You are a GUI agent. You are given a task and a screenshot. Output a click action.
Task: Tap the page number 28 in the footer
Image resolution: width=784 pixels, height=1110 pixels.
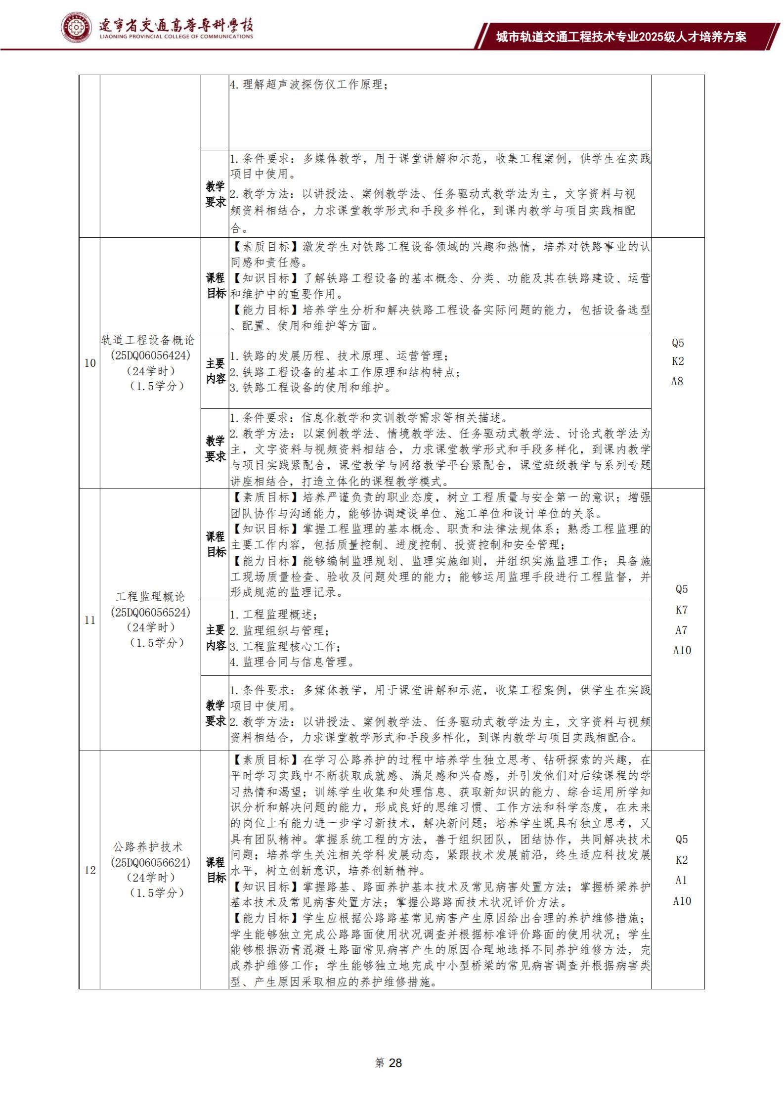pos(389,1063)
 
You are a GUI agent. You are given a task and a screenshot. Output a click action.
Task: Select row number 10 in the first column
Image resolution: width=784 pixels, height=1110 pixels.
pos(90,363)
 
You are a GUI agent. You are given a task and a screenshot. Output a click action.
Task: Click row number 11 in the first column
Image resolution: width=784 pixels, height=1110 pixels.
pos(90,620)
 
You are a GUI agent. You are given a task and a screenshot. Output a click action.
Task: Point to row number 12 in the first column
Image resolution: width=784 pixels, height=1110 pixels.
pos(90,870)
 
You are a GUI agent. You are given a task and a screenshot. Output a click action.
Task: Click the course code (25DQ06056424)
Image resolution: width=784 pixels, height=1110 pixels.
pos(151,355)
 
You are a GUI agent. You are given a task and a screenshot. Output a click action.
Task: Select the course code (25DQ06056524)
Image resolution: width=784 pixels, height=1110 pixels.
pos(151,612)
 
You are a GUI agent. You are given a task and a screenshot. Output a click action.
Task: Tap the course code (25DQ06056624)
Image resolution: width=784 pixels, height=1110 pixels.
pos(151,862)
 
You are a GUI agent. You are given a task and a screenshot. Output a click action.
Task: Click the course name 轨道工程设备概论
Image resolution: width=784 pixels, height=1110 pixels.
pos(148,340)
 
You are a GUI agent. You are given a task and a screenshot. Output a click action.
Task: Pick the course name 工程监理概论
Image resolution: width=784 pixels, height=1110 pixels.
pos(151,596)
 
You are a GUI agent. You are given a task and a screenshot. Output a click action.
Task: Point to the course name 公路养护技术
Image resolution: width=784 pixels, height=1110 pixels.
pos(148,847)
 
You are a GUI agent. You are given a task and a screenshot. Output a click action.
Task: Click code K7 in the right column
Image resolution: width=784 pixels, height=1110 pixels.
pos(682,610)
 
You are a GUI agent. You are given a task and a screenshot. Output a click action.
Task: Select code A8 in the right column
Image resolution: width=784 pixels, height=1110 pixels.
pos(677,381)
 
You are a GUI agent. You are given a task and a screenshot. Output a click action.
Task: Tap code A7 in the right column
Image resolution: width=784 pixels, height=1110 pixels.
pos(682,630)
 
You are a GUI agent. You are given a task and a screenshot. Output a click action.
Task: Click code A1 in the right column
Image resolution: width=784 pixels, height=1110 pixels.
pos(682,880)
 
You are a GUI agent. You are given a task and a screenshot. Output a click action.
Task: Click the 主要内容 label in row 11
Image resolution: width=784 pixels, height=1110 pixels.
pos(216,637)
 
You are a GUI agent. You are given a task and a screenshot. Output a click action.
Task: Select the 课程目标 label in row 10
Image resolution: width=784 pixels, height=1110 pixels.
pos(216,285)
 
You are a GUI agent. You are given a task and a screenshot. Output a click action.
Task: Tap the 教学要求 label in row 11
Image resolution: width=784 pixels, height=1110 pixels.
pos(216,713)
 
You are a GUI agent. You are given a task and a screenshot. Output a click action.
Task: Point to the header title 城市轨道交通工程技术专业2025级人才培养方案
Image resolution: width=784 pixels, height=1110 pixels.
pos(621,37)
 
